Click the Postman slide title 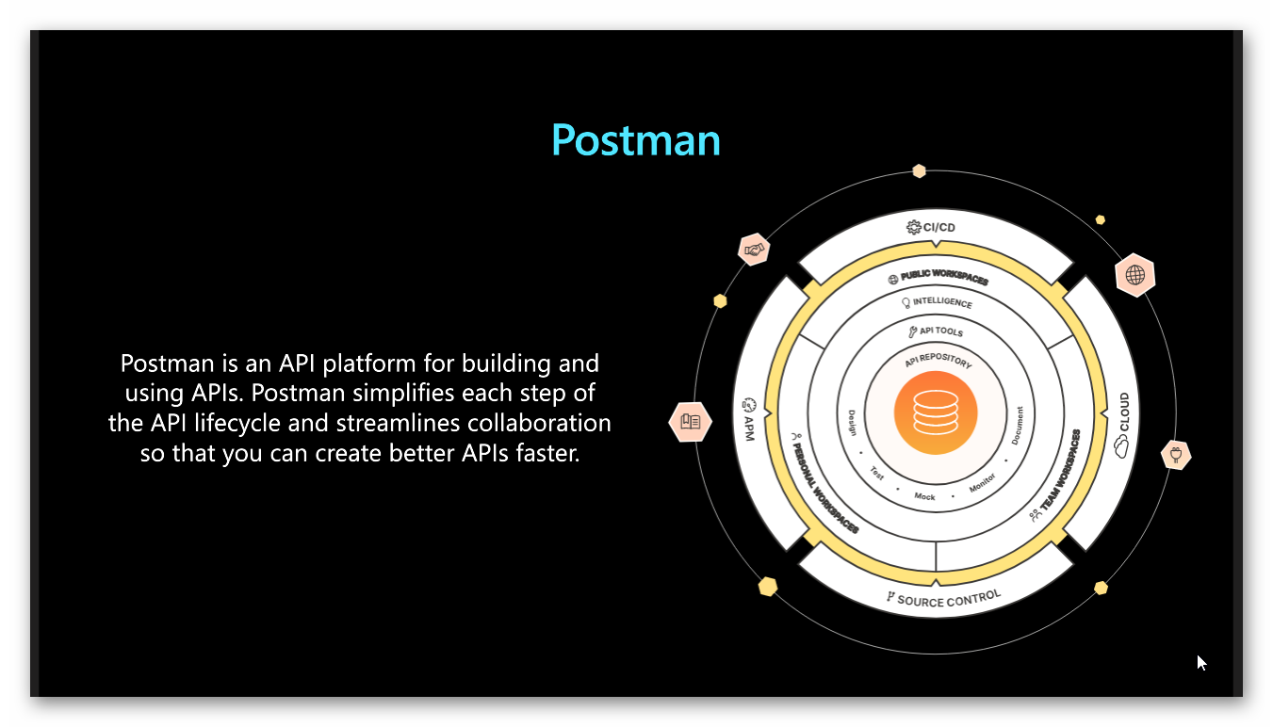[x=636, y=140]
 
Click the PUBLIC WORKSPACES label [x=938, y=279]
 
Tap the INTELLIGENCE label [x=937, y=303]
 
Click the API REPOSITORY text [x=937, y=362]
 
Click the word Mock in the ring [x=924, y=496]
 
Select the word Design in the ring [x=852, y=423]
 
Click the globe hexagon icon [x=1134, y=275]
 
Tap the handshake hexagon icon [x=754, y=250]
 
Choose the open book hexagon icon [x=689, y=421]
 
